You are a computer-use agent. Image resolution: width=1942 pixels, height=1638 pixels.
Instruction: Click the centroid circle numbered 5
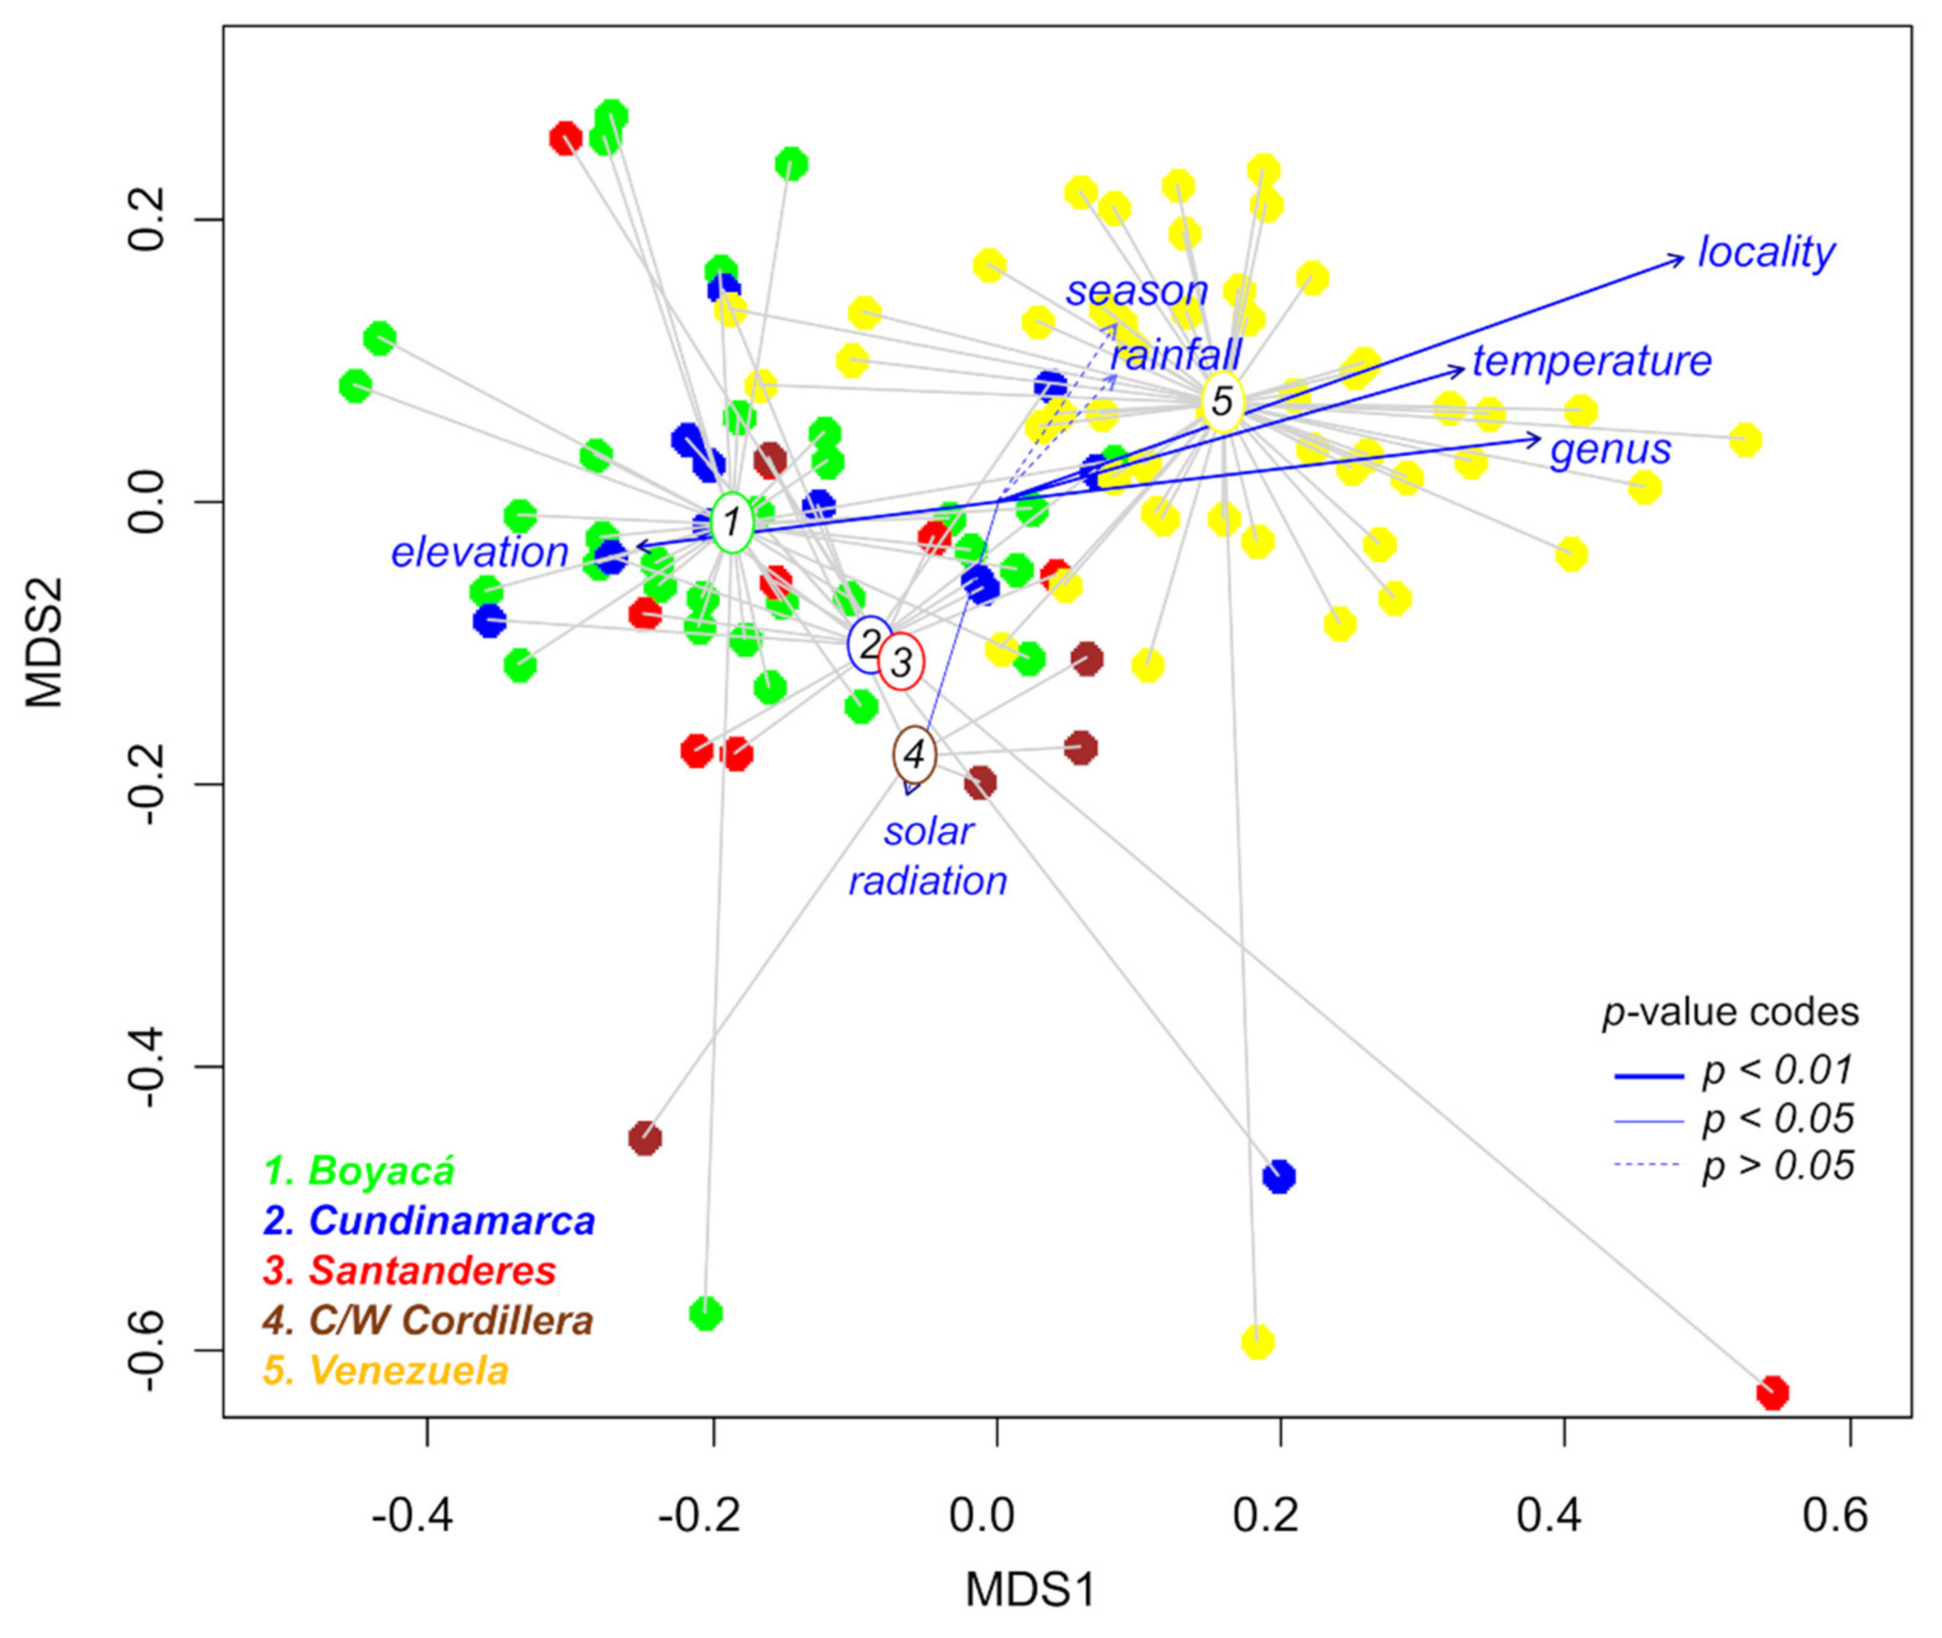coord(1222,401)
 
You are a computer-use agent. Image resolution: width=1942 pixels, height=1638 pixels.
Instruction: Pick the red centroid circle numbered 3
coord(900,662)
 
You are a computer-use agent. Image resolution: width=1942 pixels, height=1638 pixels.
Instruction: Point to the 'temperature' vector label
coord(1591,360)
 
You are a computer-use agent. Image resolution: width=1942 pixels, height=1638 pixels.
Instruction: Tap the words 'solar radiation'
coord(928,856)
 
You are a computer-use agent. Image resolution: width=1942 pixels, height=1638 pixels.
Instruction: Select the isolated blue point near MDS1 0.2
coord(1279,1177)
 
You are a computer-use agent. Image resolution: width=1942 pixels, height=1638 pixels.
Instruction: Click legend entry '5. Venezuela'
coord(387,1370)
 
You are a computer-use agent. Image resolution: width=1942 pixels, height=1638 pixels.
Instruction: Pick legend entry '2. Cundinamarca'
coord(429,1220)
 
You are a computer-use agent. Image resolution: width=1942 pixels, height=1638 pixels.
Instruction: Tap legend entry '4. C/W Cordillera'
coord(428,1320)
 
